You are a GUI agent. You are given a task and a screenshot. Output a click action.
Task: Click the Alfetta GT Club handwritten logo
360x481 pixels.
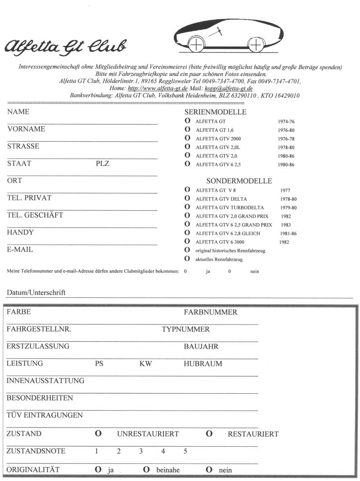(x=66, y=45)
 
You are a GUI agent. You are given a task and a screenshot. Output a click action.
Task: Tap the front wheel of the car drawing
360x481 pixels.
(x=196, y=45)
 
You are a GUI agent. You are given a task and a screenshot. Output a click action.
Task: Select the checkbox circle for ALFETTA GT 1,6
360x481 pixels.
(x=187, y=130)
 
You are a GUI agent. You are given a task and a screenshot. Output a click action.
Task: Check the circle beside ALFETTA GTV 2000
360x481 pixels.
(x=187, y=139)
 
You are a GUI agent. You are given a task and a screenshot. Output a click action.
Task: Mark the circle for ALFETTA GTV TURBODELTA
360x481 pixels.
(x=187, y=207)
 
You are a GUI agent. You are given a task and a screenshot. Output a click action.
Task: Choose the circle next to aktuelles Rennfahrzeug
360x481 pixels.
(x=187, y=259)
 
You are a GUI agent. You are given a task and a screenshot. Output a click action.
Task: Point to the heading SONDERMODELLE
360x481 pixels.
(x=239, y=181)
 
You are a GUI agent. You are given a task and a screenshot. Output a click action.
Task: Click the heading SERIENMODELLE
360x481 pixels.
(x=216, y=112)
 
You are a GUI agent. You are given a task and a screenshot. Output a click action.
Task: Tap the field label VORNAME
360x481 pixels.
(x=26, y=129)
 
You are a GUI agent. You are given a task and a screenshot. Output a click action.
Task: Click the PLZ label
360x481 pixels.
(x=103, y=164)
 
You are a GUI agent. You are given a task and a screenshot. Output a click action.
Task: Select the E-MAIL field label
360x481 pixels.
(x=20, y=250)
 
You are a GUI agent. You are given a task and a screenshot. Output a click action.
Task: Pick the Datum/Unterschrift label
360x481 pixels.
(x=36, y=292)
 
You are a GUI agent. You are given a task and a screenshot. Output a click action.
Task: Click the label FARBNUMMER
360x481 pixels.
(x=211, y=312)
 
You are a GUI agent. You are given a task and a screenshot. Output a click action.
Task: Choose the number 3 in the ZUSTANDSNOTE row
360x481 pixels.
(x=141, y=451)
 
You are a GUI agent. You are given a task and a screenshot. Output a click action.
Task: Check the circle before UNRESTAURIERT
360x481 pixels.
(x=98, y=434)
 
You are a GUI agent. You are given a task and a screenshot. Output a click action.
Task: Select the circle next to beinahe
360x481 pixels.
(x=146, y=470)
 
